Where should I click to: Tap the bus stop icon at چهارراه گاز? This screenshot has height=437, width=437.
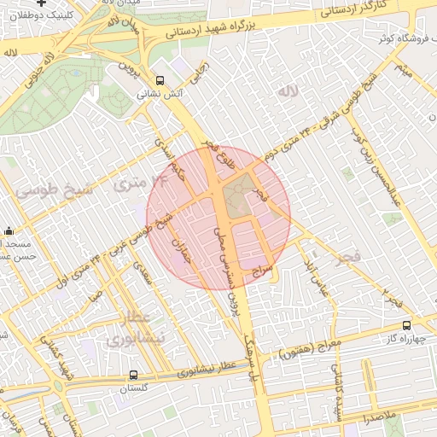pos(406,324)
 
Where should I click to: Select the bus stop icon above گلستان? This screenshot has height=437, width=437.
pos(133,374)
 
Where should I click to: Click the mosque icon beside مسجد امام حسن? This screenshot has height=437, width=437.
pos(9,230)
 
